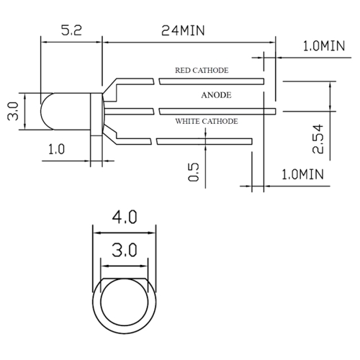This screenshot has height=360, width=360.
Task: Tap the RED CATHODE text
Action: tap(202, 71)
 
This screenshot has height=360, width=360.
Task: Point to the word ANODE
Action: tap(215, 94)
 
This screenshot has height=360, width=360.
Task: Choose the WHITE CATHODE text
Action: tap(207, 122)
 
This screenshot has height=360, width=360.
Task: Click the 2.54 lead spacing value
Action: tap(318, 138)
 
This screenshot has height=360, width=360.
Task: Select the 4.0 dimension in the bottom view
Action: tap(123, 217)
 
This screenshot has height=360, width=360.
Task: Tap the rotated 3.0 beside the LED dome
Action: tap(12, 112)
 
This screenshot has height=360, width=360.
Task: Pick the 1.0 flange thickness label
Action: tap(56, 149)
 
